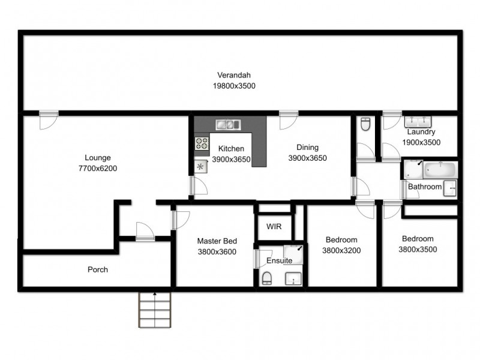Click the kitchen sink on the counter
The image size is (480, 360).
[x=228, y=124]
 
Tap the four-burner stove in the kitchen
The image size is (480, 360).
[x=202, y=143]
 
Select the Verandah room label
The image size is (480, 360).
[x=234, y=75]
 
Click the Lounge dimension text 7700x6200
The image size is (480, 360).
[x=98, y=169]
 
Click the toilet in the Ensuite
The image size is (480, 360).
[x=266, y=278]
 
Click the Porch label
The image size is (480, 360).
[x=98, y=269]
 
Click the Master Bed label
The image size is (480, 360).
[x=216, y=241]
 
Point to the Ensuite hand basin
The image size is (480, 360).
[x=293, y=278]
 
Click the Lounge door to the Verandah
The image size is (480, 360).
[x=47, y=119]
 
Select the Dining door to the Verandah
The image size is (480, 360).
[x=287, y=119]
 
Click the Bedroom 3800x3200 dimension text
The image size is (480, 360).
[x=341, y=250]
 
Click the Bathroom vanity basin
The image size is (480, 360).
[x=450, y=187]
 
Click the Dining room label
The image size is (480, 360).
[x=307, y=148]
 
